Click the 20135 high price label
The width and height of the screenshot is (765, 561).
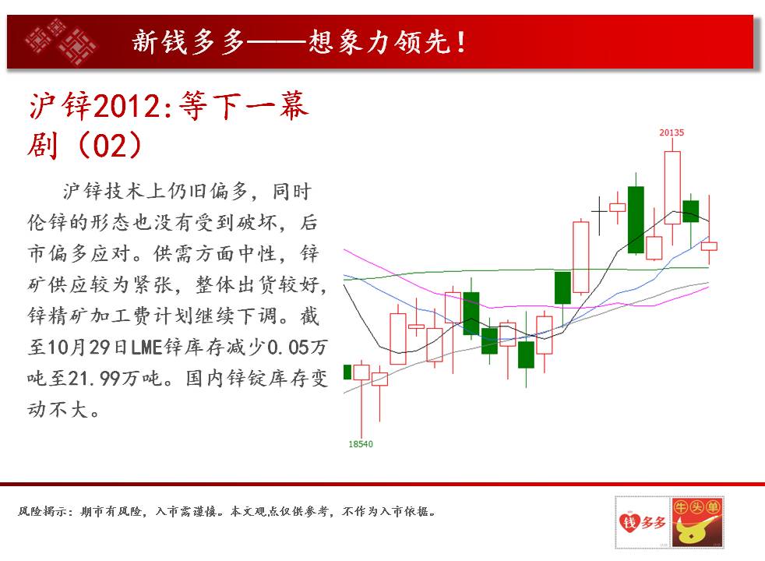click(672, 132)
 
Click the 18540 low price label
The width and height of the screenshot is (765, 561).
click(361, 444)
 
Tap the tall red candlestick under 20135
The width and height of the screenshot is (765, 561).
click(672, 188)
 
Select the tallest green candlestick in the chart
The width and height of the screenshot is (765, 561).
click(636, 220)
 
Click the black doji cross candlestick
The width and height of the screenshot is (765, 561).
click(599, 212)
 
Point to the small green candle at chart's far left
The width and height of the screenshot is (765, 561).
click(347, 372)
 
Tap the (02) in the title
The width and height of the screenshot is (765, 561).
click(109, 146)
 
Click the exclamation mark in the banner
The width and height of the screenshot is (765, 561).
click(461, 42)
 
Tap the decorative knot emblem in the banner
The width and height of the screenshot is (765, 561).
click(61, 41)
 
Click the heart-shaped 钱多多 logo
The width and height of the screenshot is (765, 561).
click(642, 523)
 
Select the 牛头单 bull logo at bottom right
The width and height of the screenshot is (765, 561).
click(697, 523)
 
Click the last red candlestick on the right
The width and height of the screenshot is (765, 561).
click(709, 246)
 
